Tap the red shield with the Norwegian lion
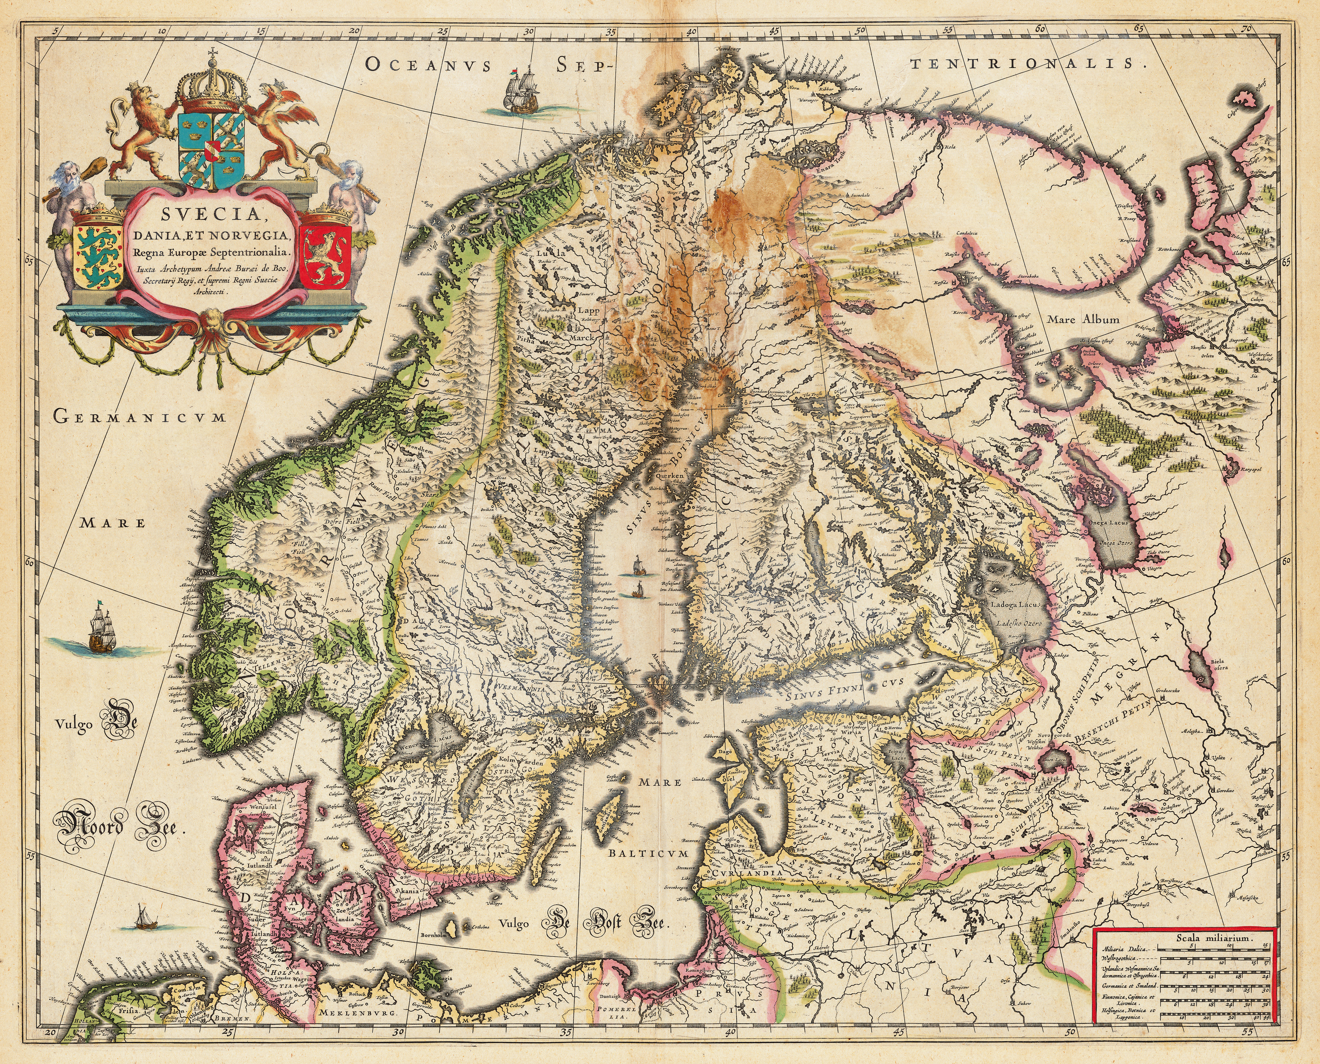coord(324,256)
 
